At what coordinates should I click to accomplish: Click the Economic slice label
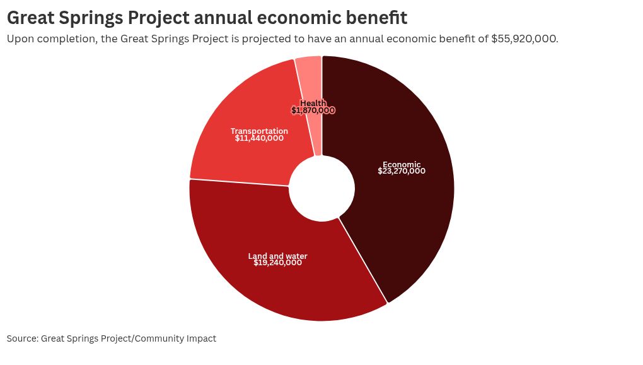[402, 165]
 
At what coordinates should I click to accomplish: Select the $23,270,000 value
[402, 171]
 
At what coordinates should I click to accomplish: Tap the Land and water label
[277, 256]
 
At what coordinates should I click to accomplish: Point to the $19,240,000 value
[277, 263]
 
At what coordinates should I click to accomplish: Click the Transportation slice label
[259, 131]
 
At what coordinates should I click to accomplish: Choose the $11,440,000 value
[259, 138]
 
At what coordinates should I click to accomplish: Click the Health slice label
[313, 103]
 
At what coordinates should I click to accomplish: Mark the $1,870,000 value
[313, 111]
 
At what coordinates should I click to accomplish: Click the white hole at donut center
[321, 188]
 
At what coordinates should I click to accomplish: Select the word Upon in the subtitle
[19, 39]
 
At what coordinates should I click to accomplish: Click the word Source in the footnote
[21, 338]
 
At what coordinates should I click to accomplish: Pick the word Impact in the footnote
[201, 338]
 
